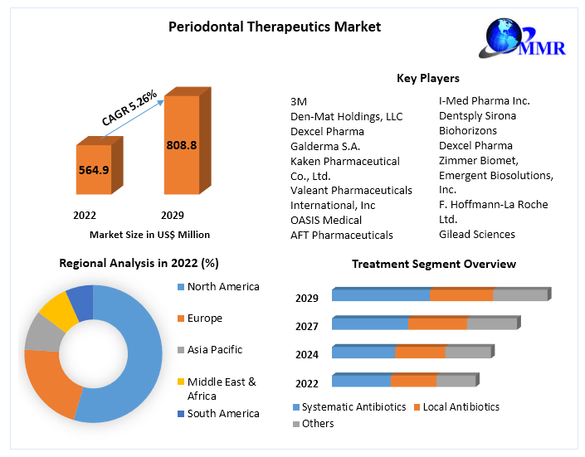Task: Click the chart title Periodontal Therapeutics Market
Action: (x=275, y=27)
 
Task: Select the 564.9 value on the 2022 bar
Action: (x=93, y=170)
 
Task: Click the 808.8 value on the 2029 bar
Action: (x=181, y=145)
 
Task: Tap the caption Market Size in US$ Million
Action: (x=149, y=235)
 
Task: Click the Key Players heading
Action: (x=428, y=78)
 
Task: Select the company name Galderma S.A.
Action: (x=325, y=146)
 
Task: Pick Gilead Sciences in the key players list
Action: (x=476, y=234)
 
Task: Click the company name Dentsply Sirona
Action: (x=477, y=115)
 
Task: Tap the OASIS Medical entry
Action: (x=326, y=220)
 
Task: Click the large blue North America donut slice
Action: (x=133, y=357)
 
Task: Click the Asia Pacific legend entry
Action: (x=214, y=350)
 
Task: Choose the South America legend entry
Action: (x=222, y=413)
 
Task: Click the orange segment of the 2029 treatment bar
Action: (x=461, y=295)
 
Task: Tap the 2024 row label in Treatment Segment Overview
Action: (x=307, y=354)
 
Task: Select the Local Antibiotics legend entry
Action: (x=461, y=407)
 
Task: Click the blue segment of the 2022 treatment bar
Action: (x=361, y=381)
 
